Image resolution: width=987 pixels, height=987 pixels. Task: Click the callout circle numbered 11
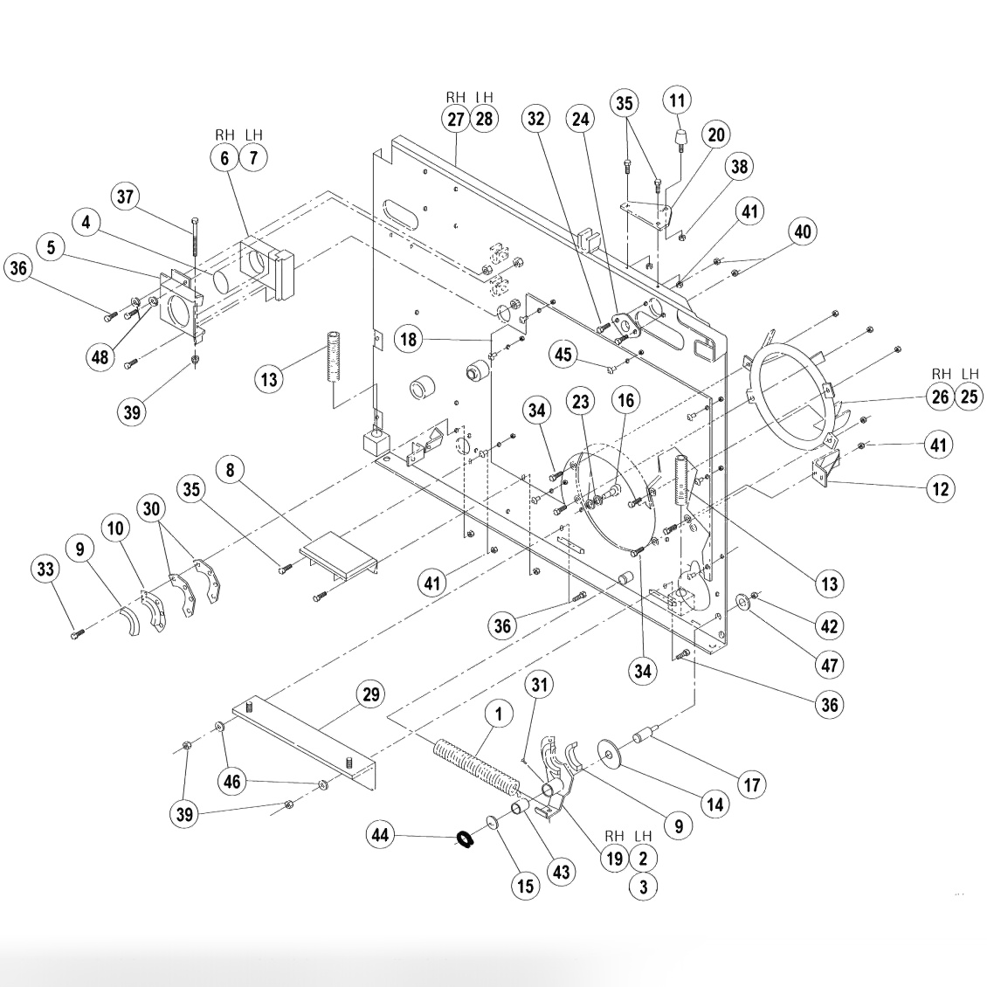click(x=678, y=100)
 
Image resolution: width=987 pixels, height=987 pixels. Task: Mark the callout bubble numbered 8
click(x=230, y=471)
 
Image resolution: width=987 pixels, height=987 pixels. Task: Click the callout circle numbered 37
click(x=128, y=197)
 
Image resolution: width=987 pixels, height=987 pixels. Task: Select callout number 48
click(x=100, y=356)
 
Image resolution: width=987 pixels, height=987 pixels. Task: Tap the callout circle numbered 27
click(x=456, y=120)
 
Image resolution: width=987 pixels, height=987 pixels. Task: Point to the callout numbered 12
click(x=940, y=488)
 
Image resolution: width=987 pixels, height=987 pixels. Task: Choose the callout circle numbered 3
click(x=644, y=887)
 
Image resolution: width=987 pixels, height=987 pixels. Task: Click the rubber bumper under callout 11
click(x=680, y=138)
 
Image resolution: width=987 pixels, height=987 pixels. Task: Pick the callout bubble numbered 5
click(x=52, y=248)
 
